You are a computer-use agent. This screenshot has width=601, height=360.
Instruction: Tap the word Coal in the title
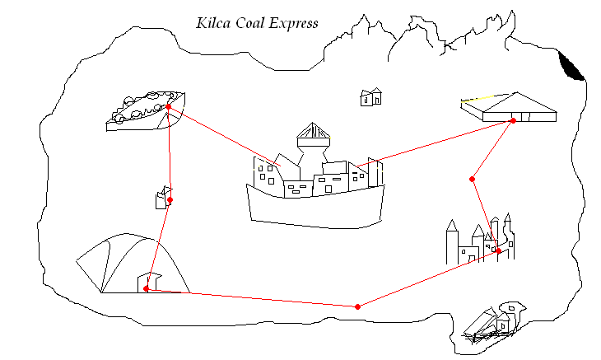[x=254, y=23]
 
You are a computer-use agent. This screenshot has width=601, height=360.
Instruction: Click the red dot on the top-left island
[x=168, y=107]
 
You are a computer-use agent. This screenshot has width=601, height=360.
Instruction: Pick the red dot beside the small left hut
[x=170, y=200]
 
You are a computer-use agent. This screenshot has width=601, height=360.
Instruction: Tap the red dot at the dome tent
[x=147, y=288]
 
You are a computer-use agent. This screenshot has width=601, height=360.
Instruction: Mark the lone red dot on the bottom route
[x=356, y=306]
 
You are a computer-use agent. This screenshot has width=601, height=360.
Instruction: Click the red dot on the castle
[x=498, y=250]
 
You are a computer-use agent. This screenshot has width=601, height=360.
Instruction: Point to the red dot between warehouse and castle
[x=472, y=179]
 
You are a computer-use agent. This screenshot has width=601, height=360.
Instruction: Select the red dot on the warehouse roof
[x=513, y=121]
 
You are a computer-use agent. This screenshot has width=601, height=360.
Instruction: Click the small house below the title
[x=371, y=97]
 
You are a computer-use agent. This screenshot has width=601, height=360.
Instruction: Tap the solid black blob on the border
[x=571, y=66]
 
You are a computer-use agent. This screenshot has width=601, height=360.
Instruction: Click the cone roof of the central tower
[x=313, y=133]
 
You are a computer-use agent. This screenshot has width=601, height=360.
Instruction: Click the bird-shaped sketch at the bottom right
[x=494, y=321]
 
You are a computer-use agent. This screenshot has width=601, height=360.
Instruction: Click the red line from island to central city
[x=222, y=136]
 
